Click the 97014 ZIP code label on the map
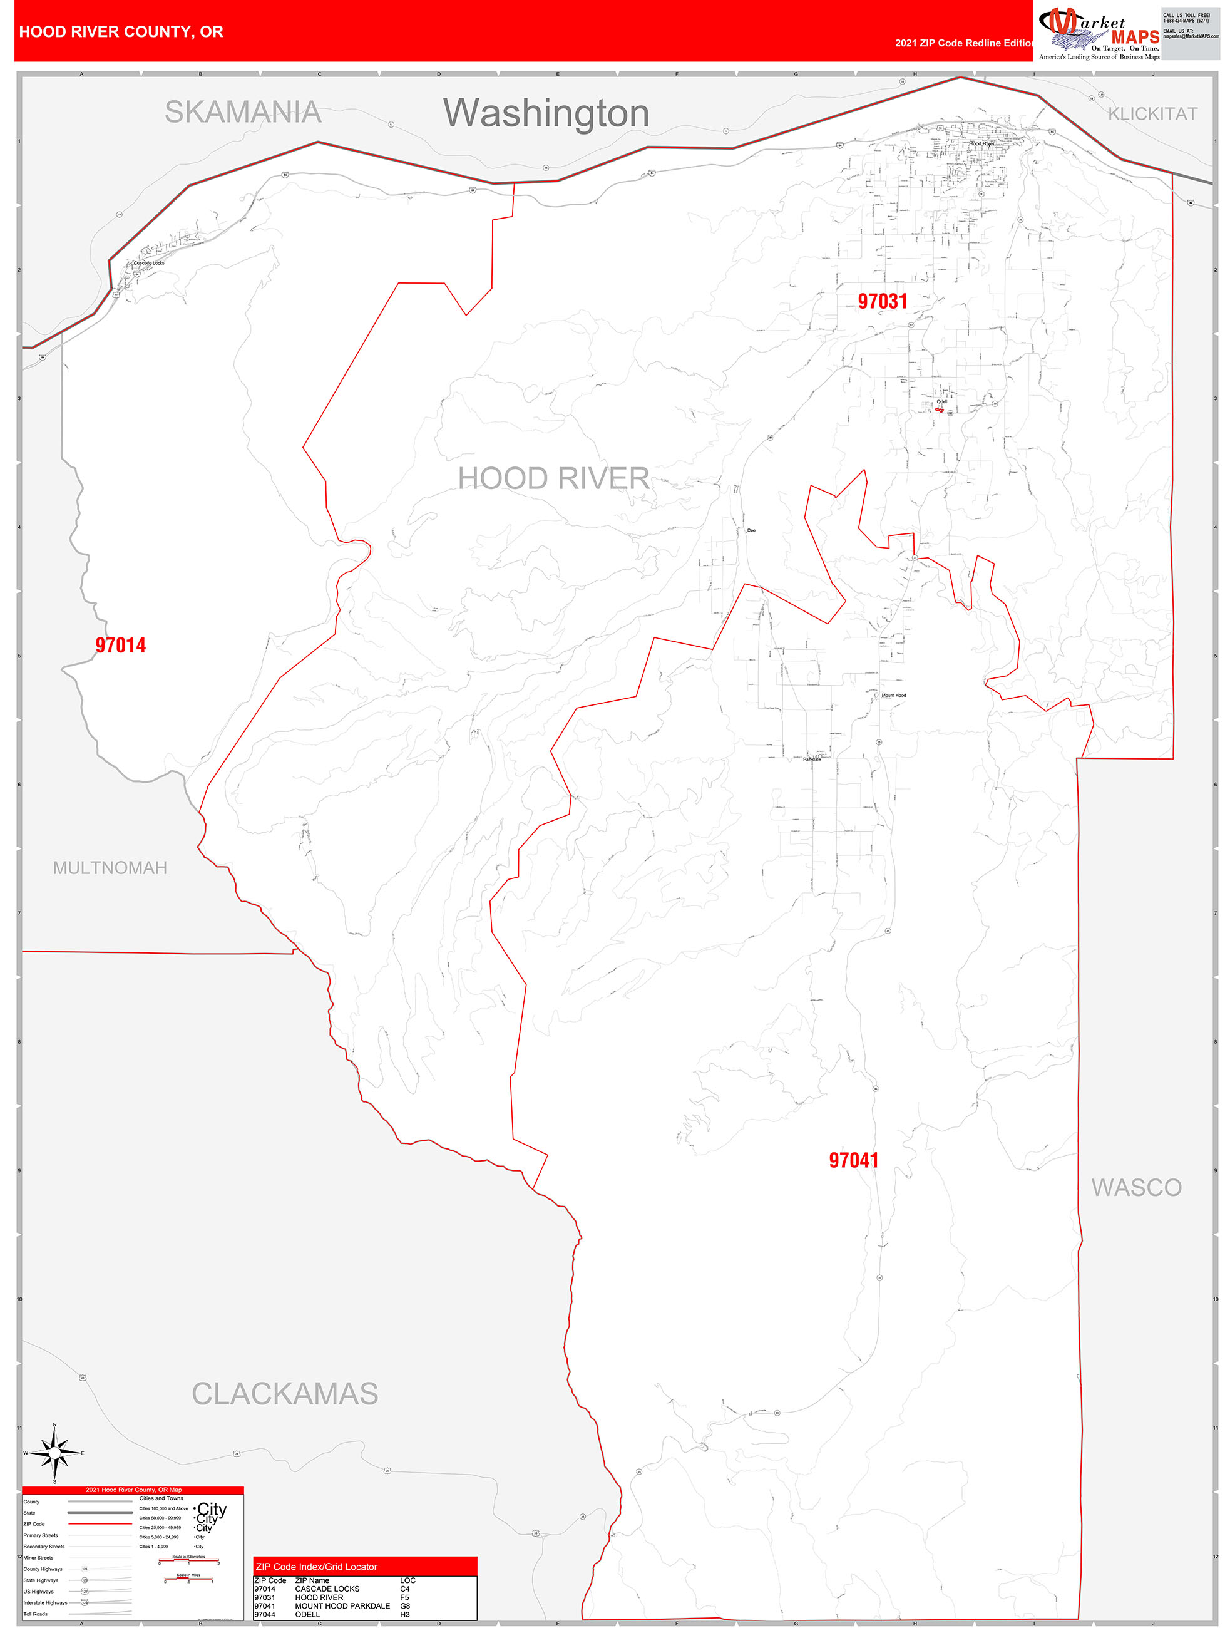tap(121, 645)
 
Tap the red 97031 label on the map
tap(882, 301)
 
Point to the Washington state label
tap(546, 113)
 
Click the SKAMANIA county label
tap(243, 112)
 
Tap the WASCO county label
tap(1136, 1187)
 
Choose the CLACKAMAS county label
tap(285, 1394)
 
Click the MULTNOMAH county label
tap(110, 868)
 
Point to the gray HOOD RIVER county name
tap(553, 478)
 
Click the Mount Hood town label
tap(894, 695)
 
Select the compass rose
tap(54, 1453)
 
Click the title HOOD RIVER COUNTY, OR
tap(121, 32)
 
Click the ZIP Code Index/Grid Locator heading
tap(315, 1567)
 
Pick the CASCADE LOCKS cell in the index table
tap(327, 1589)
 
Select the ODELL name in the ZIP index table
tap(307, 1615)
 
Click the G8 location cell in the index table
tap(404, 1606)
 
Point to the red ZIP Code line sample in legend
tap(100, 1524)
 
